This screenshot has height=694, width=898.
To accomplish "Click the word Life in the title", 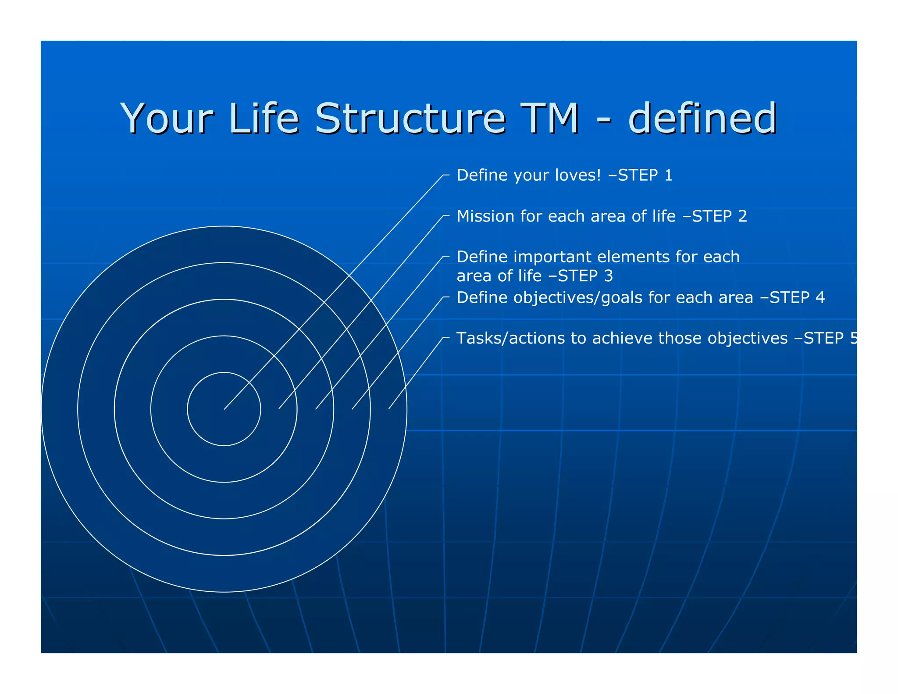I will point(263,118).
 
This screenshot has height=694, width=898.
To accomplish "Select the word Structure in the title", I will point(410,118).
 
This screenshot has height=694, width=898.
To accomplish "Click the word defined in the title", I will point(702,118).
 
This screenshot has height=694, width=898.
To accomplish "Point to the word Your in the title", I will point(167,118).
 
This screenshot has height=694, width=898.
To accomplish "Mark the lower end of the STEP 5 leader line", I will point(389,409).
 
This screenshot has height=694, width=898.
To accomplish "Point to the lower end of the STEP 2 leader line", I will point(279,409).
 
